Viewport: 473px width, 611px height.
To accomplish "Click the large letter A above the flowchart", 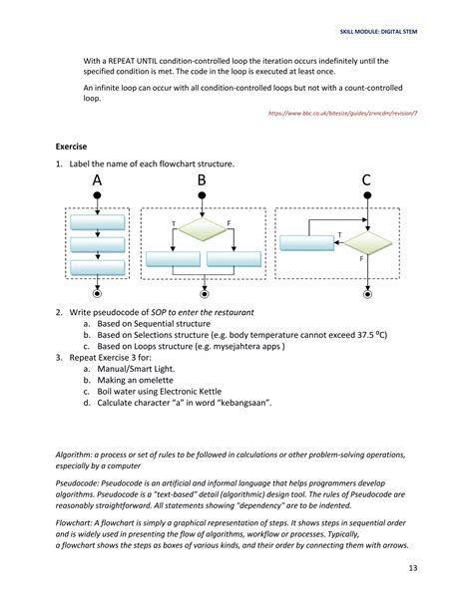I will pyautogui.click(x=97, y=180).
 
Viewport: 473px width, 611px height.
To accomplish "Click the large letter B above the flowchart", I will pyautogui.click(x=203, y=180).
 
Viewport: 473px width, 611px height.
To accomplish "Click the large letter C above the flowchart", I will pyautogui.click(x=366, y=180).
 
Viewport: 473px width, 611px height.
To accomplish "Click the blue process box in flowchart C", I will pyautogui.click(x=306, y=242).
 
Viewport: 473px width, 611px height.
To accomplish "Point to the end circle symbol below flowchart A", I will pyautogui.click(x=97, y=295).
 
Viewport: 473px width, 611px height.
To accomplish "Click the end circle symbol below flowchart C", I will pyautogui.click(x=366, y=295).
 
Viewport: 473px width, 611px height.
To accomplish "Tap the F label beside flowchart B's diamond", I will pyautogui.click(x=230, y=221).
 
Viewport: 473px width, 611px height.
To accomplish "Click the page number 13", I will pyautogui.click(x=413, y=569).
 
